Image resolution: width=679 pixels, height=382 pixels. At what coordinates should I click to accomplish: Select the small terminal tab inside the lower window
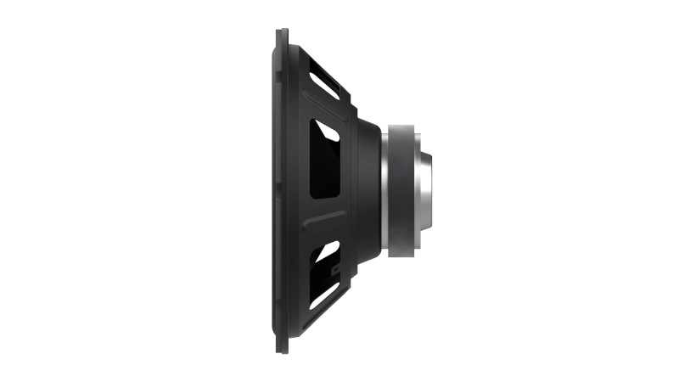tap(336, 270)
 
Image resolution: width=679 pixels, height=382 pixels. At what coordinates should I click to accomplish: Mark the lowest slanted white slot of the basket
tap(322, 297)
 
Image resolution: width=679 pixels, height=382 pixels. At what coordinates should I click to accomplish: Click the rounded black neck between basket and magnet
tap(368, 190)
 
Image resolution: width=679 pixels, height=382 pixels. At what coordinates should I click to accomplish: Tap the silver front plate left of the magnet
tap(386, 190)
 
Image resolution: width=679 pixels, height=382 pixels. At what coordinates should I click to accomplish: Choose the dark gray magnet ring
tap(403, 190)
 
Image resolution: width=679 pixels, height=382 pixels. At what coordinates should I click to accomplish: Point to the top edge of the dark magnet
tap(403, 126)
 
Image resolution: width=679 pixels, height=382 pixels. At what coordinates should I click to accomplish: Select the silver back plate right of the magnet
tap(420, 190)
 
